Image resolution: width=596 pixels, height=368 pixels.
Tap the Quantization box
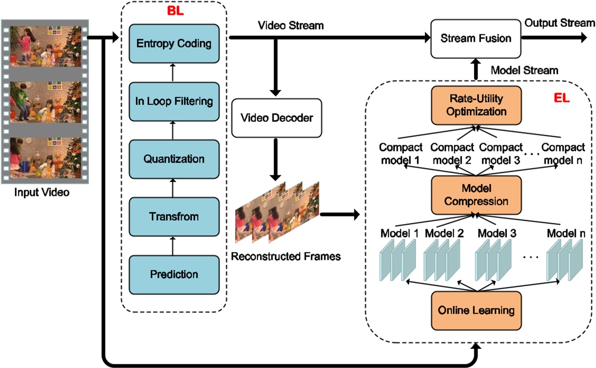(174, 158)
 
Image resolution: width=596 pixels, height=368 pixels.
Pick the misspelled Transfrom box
(174, 217)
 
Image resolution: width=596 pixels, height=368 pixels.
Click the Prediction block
(174, 275)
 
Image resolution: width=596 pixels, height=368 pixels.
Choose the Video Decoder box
(276, 118)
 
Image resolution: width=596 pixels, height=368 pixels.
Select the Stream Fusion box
(476, 38)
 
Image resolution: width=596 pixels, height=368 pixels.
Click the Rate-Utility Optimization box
(476, 106)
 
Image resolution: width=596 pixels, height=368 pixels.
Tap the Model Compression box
(476, 195)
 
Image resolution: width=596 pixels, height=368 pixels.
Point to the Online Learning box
(476, 309)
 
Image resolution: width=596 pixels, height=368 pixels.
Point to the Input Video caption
(42, 192)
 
